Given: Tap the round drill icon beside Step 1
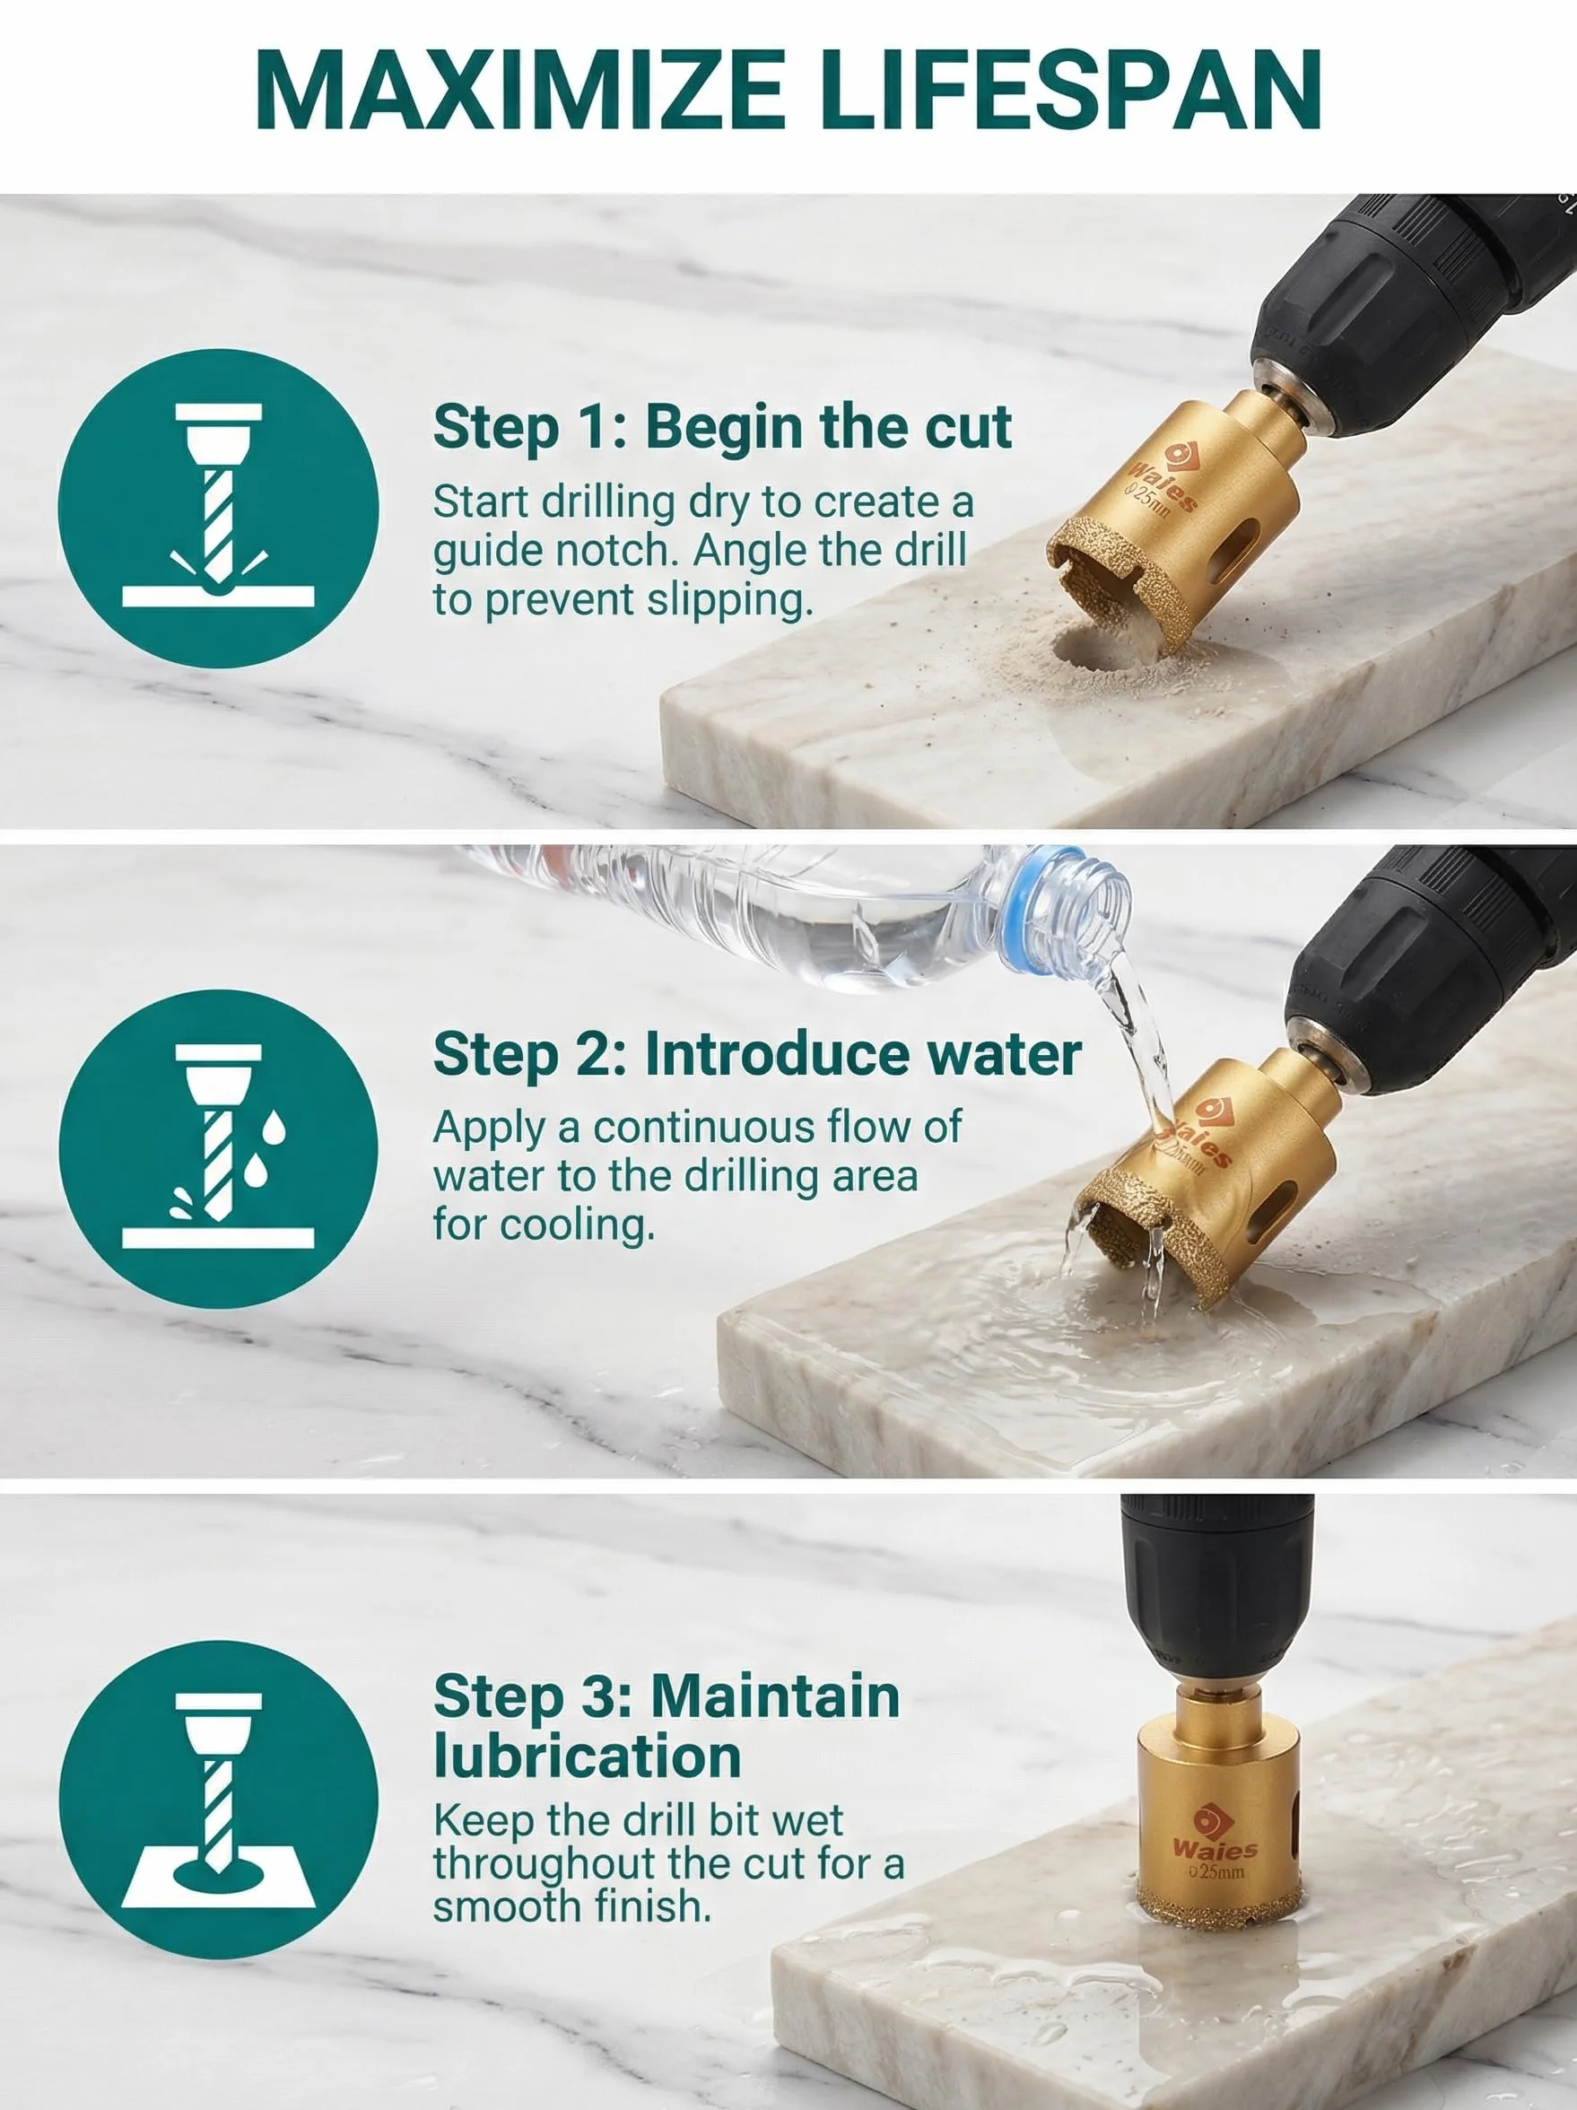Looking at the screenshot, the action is click(219, 508).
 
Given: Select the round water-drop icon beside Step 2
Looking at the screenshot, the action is click(219, 1148).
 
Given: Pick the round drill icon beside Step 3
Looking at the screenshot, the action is click(219, 1799).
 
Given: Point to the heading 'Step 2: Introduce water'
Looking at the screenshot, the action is click(757, 1054).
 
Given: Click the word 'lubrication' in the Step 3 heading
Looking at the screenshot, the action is click(588, 1757).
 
